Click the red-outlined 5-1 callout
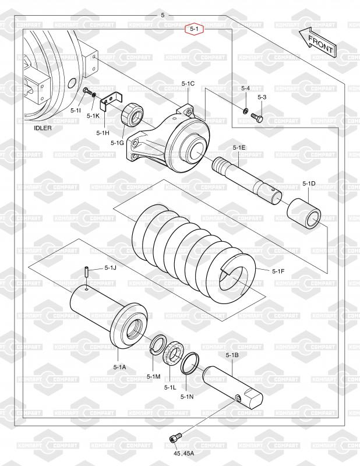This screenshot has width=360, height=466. [x=195, y=29]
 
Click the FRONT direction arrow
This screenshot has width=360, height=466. [x=317, y=43]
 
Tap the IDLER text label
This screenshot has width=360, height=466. [x=43, y=128]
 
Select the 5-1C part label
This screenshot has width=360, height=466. [x=188, y=84]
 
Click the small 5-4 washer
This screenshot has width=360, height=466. [x=246, y=111]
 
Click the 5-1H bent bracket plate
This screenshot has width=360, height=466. [x=111, y=100]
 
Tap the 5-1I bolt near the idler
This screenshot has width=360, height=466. [x=86, y=91]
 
